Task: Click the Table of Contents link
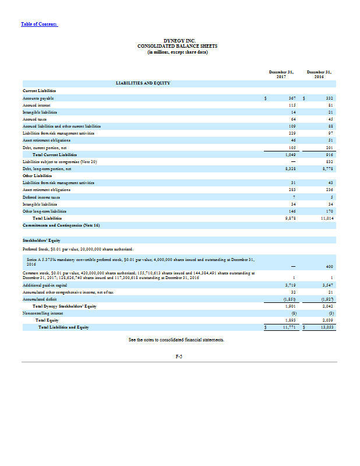pos(39,23)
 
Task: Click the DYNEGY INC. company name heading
pos(179,40)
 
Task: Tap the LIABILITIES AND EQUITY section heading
pos(143,83)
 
